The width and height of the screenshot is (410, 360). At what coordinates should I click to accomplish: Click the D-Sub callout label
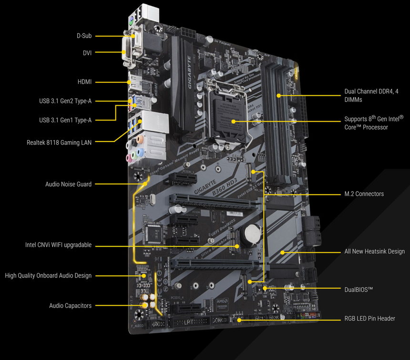(x=84, y=36)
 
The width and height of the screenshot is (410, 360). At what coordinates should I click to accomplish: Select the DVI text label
(x=87, y=53)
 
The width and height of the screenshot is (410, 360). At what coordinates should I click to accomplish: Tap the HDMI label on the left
(x=84, y=82)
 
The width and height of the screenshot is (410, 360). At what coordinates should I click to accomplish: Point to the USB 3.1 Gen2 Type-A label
(x=65, y=101)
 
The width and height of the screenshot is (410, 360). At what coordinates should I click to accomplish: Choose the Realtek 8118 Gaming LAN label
(x=59, y=142)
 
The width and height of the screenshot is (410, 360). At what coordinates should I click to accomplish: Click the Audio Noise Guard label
(x=68, y=184)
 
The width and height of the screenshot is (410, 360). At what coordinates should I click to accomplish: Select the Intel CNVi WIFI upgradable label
(x=58, y=245)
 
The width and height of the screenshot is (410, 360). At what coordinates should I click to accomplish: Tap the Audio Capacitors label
(x=70, y=306)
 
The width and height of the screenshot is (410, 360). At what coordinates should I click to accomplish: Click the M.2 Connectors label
(x=364, y=194)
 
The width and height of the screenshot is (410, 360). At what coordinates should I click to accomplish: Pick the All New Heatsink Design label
(x=374, y=251)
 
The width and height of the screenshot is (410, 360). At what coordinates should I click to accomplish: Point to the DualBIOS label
(x=359, y=289)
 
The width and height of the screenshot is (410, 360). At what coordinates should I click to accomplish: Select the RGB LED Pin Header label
(x=369, y=319)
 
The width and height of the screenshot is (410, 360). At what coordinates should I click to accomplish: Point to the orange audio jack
(x=139, y=140)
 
